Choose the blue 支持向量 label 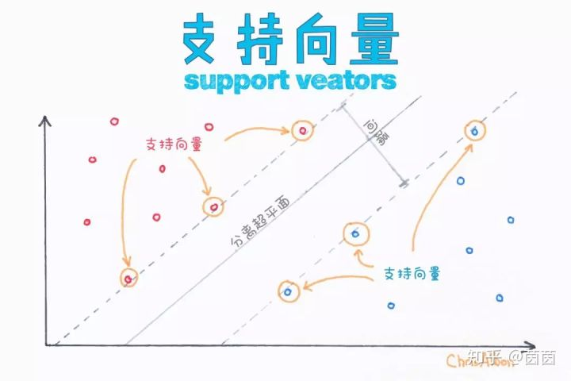point(412,272)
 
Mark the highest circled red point point(301,131)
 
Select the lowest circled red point point(129,278)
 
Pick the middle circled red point point(213,207)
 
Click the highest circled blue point point(474,130)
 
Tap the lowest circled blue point point(288,291)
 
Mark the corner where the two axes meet point(48,344)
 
